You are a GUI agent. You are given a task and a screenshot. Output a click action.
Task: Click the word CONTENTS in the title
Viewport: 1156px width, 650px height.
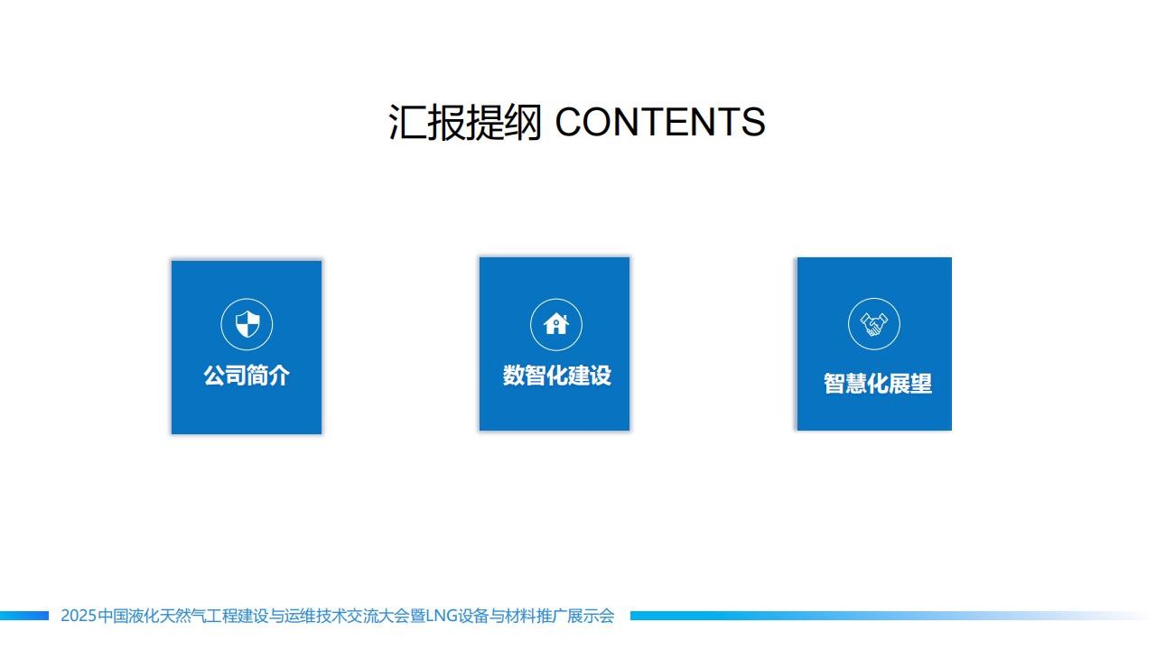[x=660, y=122]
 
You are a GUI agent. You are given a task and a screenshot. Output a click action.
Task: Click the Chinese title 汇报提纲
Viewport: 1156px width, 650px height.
[x=465, y=122]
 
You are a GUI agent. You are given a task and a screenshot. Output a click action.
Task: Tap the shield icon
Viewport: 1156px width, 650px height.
[x=247, y=324]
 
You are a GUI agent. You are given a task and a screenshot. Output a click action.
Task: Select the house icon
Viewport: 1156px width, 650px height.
[x=555, y=324]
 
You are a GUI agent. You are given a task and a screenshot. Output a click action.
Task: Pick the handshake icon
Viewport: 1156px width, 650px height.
[x=873, y=324]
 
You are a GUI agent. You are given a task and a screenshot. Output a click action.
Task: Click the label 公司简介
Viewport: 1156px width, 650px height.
[x=247, y=375]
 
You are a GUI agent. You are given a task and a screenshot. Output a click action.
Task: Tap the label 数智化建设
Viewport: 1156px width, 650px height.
[x=557, y=375]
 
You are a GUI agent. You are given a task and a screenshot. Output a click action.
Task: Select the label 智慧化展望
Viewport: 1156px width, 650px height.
[x=878, y=384]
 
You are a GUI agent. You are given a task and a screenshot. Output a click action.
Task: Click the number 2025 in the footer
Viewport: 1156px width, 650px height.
[x=79, y=616]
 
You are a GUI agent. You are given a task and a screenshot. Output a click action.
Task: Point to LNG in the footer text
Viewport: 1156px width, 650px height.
[x=438, y=616]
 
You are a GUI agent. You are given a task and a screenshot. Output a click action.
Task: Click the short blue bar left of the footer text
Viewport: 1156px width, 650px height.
[x=24, y=616]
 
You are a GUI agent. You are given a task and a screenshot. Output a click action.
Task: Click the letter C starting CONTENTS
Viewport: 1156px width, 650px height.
[x=570, y=122]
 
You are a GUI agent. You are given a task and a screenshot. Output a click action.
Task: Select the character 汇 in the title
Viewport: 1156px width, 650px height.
[x=407, y=122]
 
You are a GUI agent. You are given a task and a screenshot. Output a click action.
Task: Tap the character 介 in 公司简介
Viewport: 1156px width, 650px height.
[x=279, y=375]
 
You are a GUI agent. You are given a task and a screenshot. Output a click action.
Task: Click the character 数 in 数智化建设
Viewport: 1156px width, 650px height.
[x=514, y=375]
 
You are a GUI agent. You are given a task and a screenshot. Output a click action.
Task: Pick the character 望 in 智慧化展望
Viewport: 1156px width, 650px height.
[x=922, y=384]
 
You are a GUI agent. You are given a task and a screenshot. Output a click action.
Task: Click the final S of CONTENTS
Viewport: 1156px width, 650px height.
[x=753, y=122]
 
